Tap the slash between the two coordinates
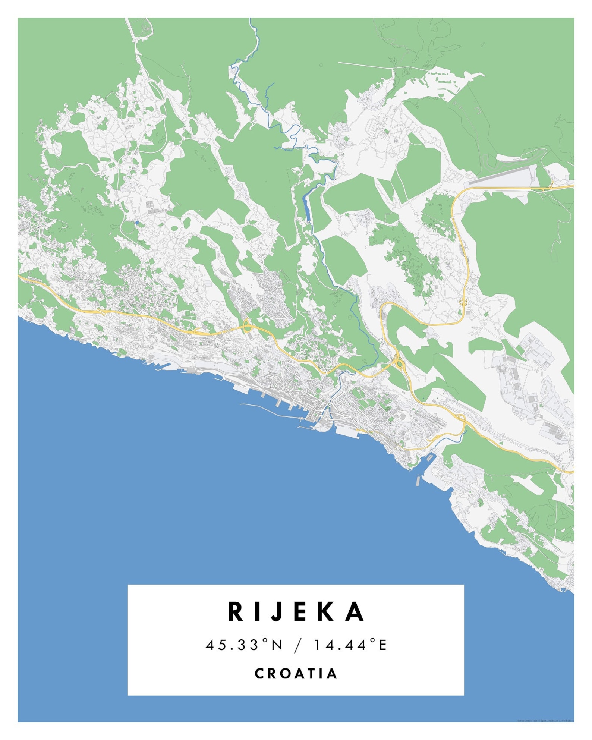(x=297, y=645)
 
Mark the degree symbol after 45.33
(x=265, y=640)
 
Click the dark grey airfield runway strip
(x=500, y=177)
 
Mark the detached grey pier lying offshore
(x=418, y=481)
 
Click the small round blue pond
(x=137, y=223)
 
